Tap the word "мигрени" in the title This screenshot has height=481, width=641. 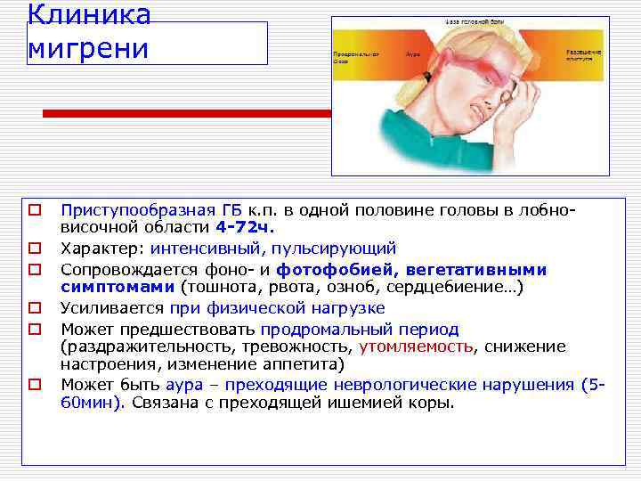click(x=87, y=48)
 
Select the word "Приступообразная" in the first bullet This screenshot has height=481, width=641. click(x=138, y=210)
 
